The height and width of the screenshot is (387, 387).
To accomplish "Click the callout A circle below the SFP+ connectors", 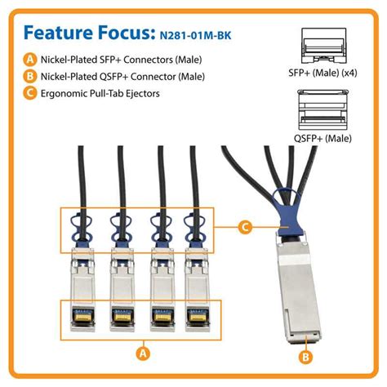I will (143, 353).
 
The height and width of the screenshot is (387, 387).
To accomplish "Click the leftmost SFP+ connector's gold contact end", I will (82, 314).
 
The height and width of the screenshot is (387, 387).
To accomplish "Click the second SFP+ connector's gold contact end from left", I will (119, 314).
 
